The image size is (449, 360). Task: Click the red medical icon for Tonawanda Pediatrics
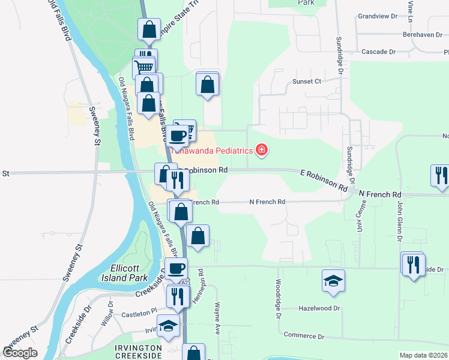261,151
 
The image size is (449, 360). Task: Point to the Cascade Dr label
378,52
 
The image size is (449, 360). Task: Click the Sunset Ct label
307,81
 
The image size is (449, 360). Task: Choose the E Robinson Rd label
324,180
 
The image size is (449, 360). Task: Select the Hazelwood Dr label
319,308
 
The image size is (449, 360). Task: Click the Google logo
20,353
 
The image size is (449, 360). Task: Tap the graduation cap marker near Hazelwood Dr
334,280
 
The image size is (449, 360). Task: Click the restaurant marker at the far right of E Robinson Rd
441,175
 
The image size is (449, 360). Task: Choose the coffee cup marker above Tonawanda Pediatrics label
178,136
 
